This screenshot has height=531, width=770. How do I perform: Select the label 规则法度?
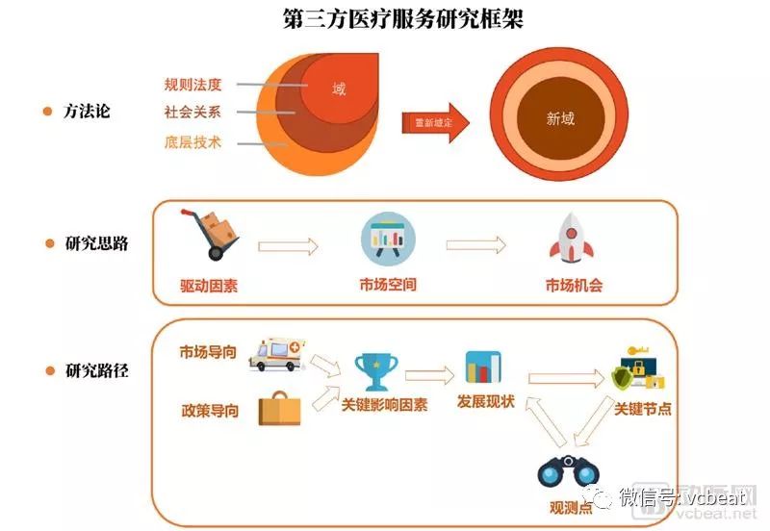(192, 84)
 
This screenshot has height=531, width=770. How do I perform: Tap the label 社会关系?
(192, 113)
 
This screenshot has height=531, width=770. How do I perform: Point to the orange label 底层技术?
(192, 142)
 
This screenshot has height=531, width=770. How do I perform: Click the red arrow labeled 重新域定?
(435, 122)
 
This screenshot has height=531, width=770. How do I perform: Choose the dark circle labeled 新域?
(559, 118)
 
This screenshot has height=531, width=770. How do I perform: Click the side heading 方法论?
(87, 112)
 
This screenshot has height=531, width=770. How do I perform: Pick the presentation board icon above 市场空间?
(388, 240)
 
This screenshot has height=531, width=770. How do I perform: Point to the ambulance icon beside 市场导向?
(276, 353)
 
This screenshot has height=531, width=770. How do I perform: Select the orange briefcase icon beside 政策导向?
(280, 409)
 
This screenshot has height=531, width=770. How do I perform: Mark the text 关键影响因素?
(385, 405)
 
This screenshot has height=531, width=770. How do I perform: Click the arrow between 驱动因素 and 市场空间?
(289, 247)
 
